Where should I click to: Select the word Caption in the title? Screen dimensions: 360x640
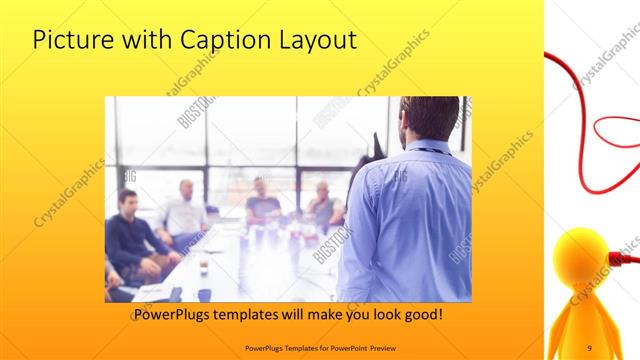tap(219, 40)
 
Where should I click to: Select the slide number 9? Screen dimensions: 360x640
tap(589, 347)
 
